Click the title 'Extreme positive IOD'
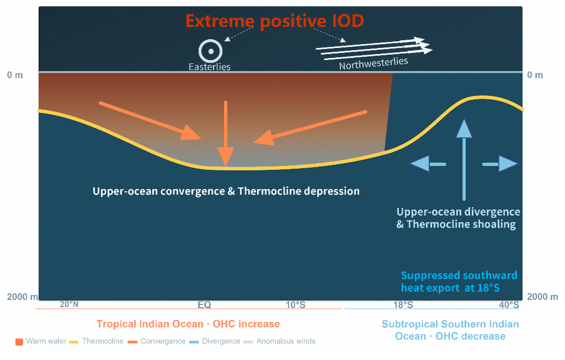click(x=275, y=21)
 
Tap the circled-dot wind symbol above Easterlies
click(x=210, y=51)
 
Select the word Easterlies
click(x=209, y=67)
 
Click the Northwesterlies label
click(x=374, y=63)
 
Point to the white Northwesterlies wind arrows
click(x=375, y=48)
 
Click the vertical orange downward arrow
click(x=226, y=133)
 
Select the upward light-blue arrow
click(x=464, y=159)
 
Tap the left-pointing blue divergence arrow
click(x=428, y=164)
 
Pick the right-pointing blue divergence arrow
click(x=500, y=164)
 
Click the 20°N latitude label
click(x=69, y=304)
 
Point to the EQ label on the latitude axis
click(x=204, y=305)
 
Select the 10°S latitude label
click(x=296, y=305)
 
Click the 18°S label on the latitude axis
click(x=403, y=305)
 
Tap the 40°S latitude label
click(x=509, y=305)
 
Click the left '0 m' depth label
click(x=15, y=75)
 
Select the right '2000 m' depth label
click(x=542, y=297)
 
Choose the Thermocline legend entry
click(x=96, y=341)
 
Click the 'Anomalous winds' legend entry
click(x=279, y=341)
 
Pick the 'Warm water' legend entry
click(x=41, y=341)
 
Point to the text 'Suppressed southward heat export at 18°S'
click(x=459, y=282)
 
